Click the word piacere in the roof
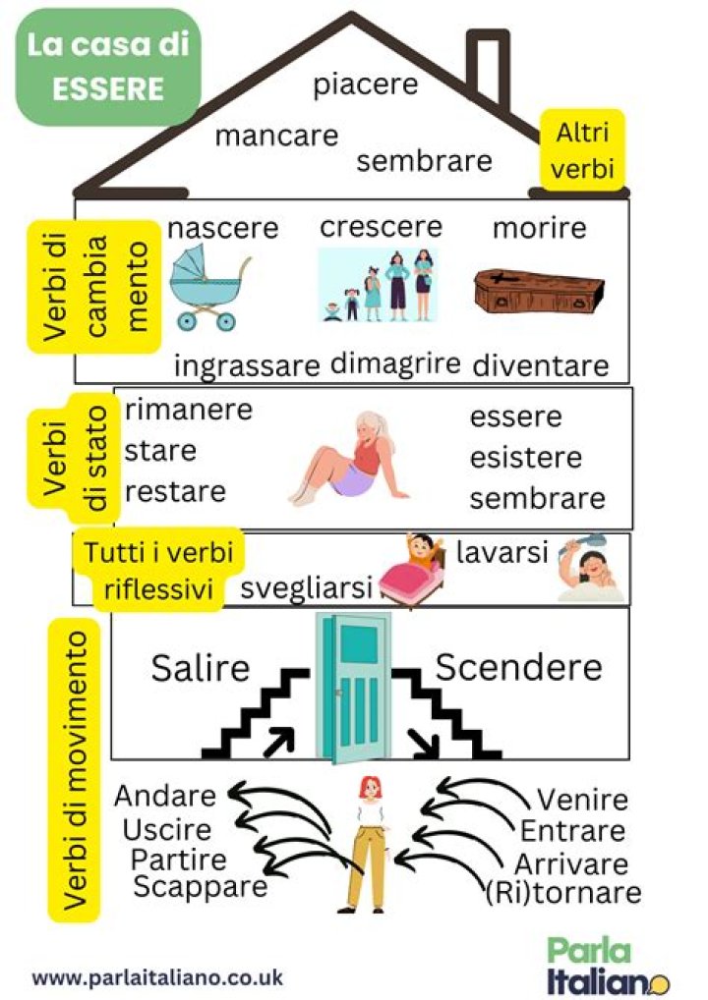point(365,84)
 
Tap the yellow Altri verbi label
point(583,150)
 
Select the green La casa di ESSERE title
point(108,67)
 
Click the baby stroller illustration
point(206,287)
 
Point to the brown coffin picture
point(535,291)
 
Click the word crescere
point(381,227)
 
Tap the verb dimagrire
point(395,362)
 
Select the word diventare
point(540,365)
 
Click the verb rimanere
point(188,409)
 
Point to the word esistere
point(525,458)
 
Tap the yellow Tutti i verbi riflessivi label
point(158,570)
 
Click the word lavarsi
point(501,553)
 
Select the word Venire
point(581,800)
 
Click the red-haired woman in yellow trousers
point(369,840)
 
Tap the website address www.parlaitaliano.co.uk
point(157,977)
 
